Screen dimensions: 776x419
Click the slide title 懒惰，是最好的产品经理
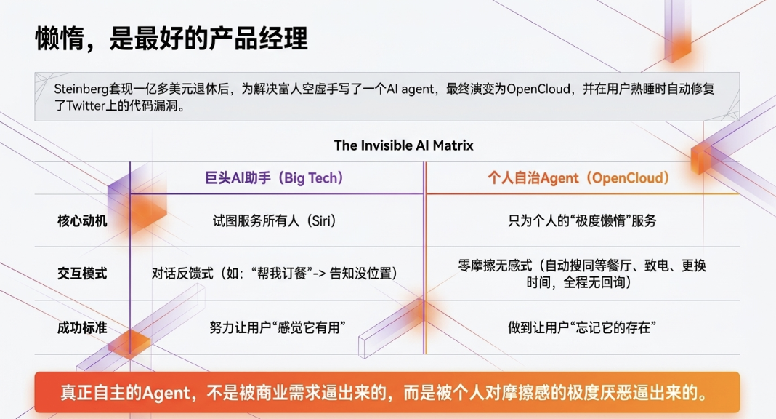171,38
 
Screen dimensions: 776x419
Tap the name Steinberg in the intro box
81,89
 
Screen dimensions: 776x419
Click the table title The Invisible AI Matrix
403,145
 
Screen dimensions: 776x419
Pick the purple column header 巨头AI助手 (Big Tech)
274,178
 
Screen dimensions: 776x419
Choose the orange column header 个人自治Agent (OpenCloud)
578,178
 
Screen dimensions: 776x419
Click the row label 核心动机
82,220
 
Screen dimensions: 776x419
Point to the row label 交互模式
82,274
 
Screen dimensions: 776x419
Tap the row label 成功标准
82,327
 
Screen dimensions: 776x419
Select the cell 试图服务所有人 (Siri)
275,220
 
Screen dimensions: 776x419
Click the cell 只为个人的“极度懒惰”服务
582,220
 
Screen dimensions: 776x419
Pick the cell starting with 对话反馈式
275,274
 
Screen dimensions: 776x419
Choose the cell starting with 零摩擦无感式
582,274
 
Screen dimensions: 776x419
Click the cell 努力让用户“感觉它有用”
277,327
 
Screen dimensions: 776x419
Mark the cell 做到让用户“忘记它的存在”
582,327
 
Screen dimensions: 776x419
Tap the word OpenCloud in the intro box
538,89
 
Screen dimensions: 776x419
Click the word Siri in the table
320,220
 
